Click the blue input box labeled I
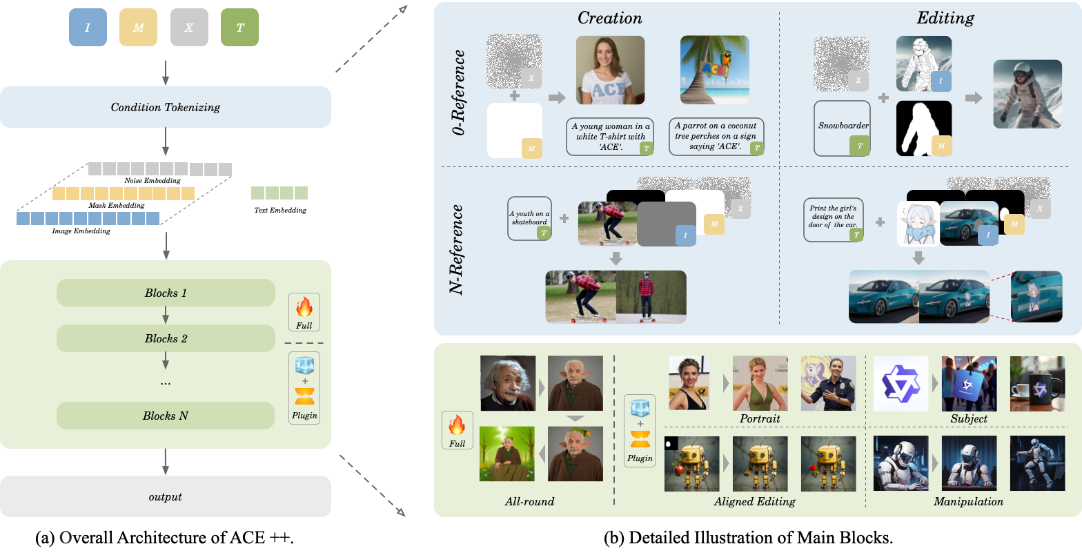coord(88,27)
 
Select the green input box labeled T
coord(239,27)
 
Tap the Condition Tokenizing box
coord(165,107)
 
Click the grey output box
coord(165,496)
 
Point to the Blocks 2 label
coord(166,338)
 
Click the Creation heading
coord(609,18)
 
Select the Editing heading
coord(945,18)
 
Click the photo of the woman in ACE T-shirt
coord(610,70)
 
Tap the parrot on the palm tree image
coord(714,70)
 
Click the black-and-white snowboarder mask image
coord(923,128)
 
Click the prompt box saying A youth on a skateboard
coord(530,218)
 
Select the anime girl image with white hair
coord(917,223)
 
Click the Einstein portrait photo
coord(508,383)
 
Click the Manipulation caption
coord(968,501)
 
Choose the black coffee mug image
coord(1036,384)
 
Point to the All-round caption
coord(529,501)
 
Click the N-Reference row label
coord(458,249)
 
